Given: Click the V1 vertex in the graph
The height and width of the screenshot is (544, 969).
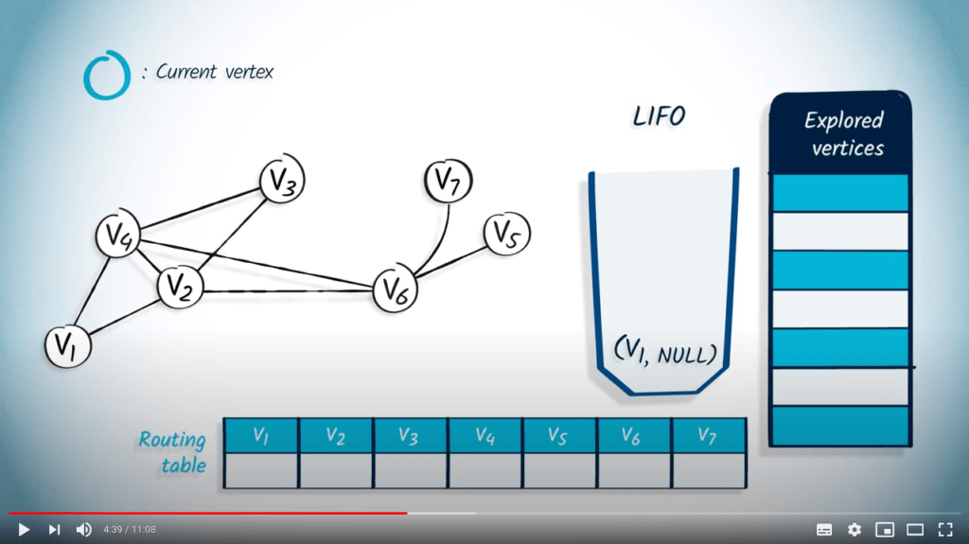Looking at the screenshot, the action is (68, 345).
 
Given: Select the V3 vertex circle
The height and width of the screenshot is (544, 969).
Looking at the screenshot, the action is (282, 179).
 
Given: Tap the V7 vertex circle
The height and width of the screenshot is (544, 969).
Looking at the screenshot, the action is (448, 181).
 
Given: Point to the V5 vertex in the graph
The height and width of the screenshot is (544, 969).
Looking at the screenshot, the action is (507, 234).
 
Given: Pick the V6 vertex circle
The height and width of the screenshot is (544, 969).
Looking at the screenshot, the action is (395, 289).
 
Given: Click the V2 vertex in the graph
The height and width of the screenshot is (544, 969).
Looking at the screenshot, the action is (180, 287).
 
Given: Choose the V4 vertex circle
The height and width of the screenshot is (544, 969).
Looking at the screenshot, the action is (118, 235).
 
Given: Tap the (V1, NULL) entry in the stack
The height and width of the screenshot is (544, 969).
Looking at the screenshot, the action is (665, 351).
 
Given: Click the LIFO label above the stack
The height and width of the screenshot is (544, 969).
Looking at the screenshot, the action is (659, 116).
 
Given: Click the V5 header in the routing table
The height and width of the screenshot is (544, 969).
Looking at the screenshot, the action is (558, 436).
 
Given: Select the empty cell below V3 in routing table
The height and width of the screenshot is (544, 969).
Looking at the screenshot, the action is (411, 470).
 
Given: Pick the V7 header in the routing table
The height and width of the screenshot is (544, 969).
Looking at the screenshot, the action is (708, 436).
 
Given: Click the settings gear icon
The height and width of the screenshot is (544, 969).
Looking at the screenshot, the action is (854, 529).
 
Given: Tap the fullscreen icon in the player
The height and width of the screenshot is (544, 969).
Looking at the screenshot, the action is (945, 529).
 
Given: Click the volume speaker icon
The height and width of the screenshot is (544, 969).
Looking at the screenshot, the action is (83, 529).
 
